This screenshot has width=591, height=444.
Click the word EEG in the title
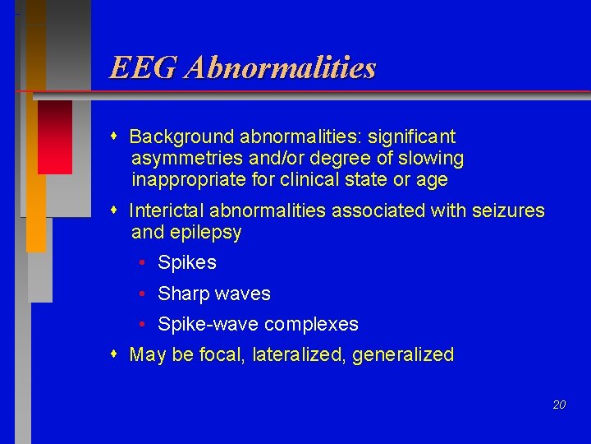tap(144, 67)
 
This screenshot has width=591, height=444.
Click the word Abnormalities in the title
tap(280, 67)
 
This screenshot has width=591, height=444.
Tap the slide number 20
tap(559, 405)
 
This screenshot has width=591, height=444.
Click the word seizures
tap(508, 210)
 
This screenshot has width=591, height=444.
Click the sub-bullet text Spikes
tap(187, 263)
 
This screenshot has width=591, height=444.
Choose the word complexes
tap(316, 324)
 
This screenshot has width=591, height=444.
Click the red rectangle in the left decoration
tap(55, 136)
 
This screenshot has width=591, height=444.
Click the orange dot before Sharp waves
tap(143, 294)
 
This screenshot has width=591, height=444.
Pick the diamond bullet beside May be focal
tap(115, 354)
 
